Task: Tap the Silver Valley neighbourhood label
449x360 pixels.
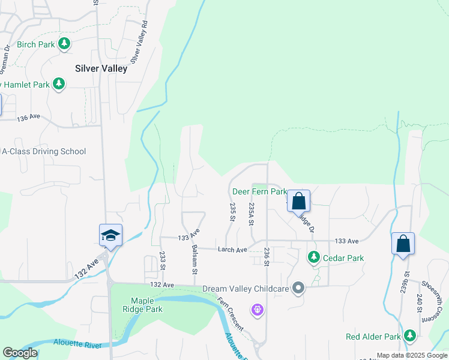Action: coord(101,68)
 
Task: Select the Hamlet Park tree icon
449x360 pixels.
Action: coord(59,85)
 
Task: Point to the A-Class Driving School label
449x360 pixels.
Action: coord(44,152)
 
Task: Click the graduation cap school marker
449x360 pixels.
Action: coord(111,235)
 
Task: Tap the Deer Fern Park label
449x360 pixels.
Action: coord(259,191)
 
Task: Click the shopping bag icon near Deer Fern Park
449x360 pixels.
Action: coord(298,202)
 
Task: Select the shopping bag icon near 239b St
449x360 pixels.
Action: coord(403,244)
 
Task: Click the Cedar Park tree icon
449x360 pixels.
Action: coord(313,257)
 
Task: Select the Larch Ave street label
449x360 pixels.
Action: coord(232,250)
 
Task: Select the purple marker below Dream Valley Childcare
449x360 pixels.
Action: coord(258,310)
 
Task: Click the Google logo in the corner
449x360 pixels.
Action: coord(19,353)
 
